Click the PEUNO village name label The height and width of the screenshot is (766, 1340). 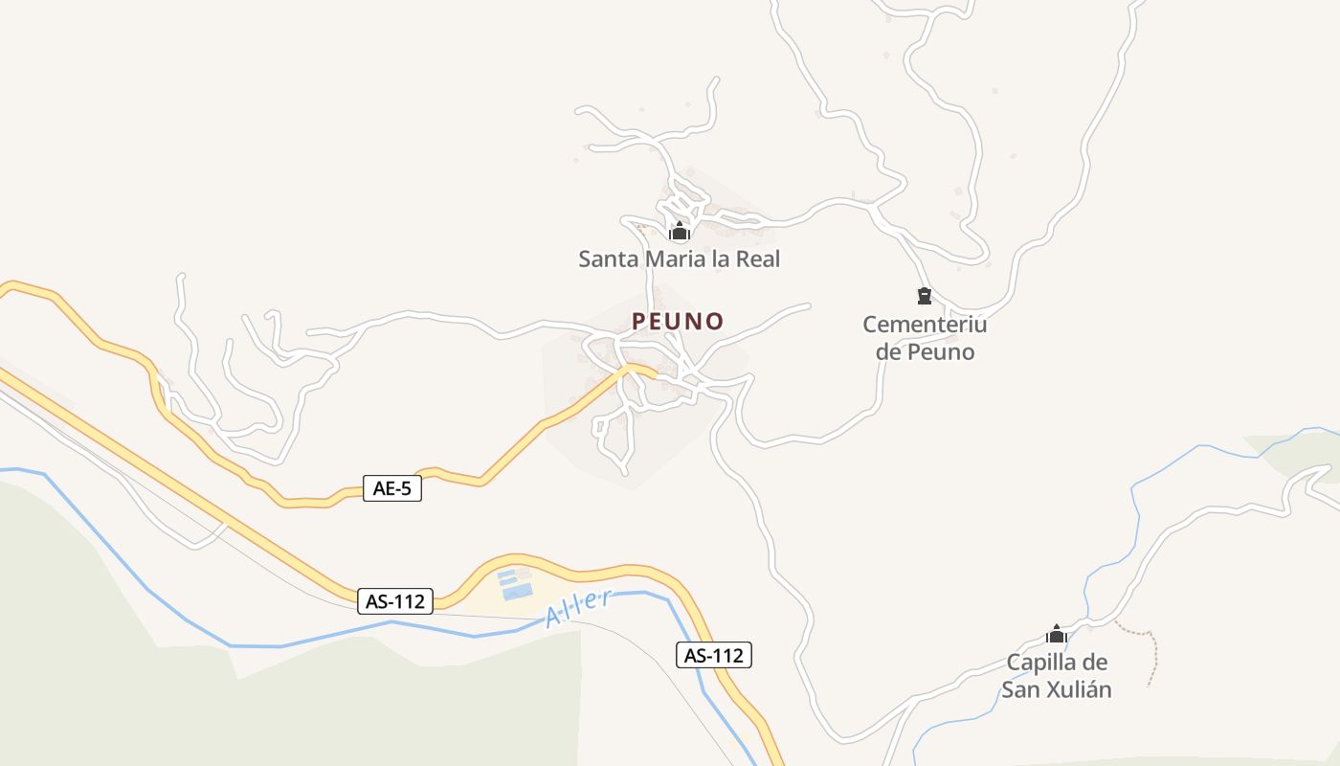click(x=678, y=321)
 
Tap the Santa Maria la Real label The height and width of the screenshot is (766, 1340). click(x=680, y=259)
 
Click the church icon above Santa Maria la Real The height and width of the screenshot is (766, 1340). click(x=680, y=231)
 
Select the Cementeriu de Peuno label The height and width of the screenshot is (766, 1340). click(x=925, y=338)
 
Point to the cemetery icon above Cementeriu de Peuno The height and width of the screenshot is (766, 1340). click(x=925, y=295)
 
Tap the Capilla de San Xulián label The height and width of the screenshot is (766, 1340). click(x=1057, y=676)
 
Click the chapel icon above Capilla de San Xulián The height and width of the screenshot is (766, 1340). click(x=1057, y=634)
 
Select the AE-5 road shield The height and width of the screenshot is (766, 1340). click(x=392, y=488)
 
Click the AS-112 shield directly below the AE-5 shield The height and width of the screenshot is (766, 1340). click(x=395, y=601)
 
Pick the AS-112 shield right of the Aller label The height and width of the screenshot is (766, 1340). click(x=714, y=656)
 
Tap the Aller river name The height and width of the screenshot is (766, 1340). click(x=578, y=609)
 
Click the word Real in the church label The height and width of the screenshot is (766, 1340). click(x=756, y=259)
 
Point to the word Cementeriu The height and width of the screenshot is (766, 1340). click(x=925, y=325)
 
